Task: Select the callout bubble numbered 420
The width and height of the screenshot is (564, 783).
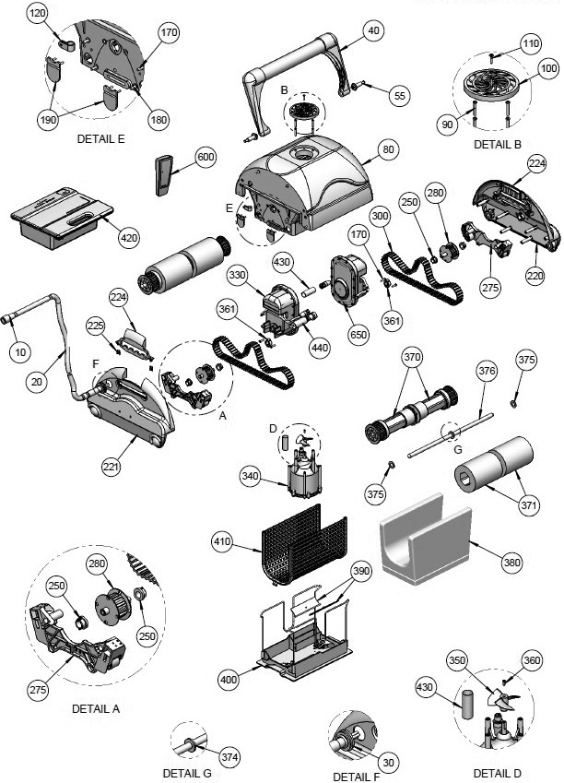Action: (x=130, y=236)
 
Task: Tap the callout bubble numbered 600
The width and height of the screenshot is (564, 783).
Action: (x=206, y=157)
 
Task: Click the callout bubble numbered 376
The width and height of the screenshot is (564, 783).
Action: (x=487, y=371)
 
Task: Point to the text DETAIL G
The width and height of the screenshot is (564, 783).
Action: (x=187, y=773)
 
